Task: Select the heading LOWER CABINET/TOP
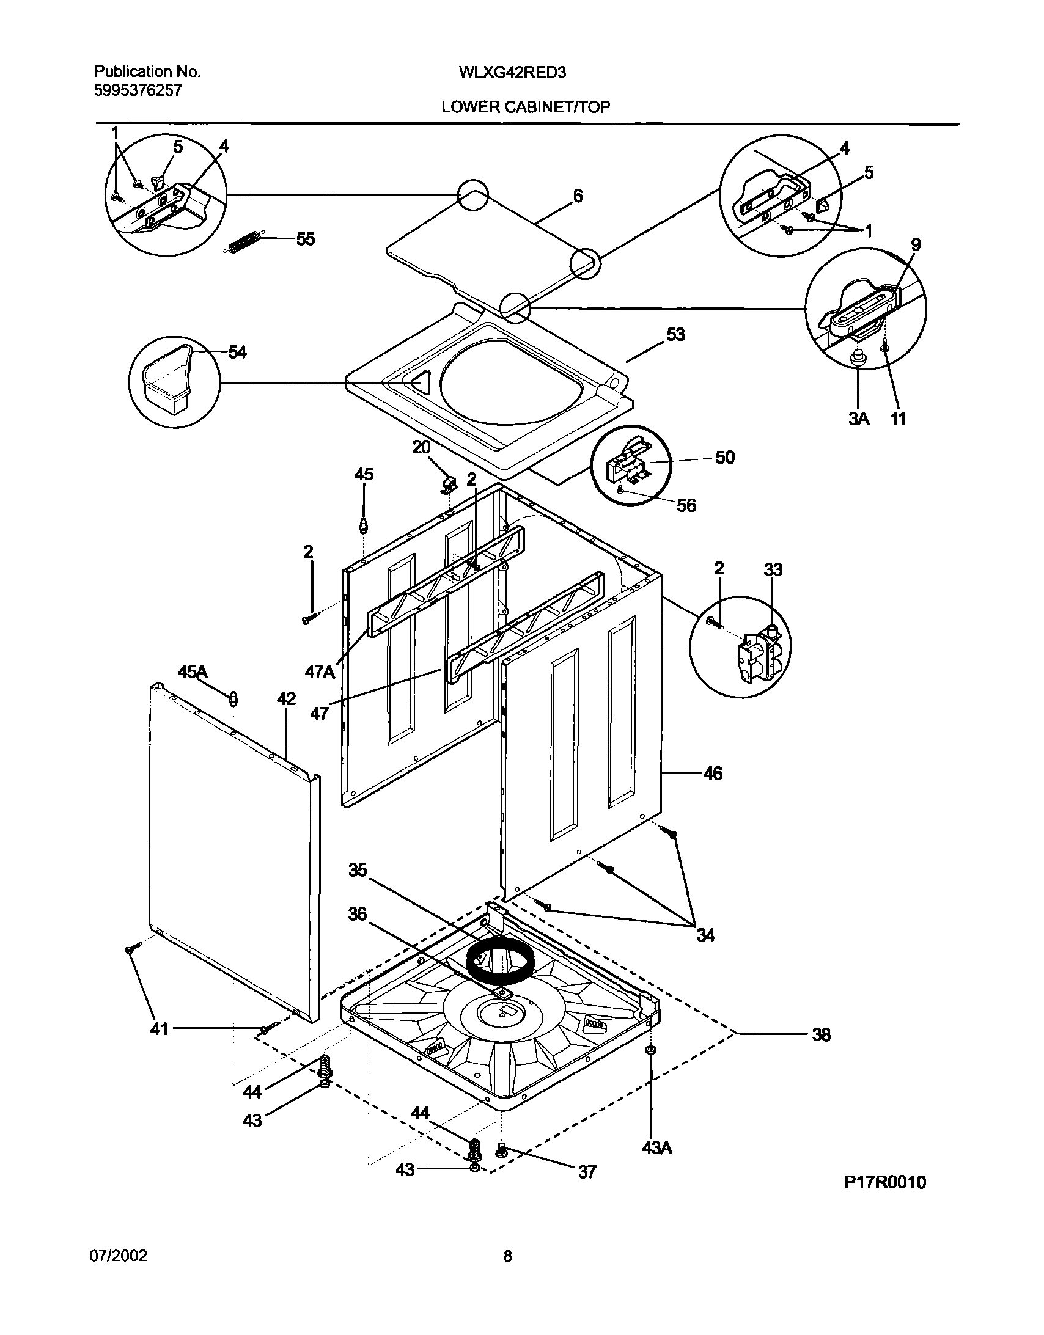526,108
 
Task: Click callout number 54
237,352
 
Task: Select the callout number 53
675,335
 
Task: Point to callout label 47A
320,673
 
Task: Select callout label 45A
193,673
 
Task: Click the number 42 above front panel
285,700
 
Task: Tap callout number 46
713,774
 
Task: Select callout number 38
821,1035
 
